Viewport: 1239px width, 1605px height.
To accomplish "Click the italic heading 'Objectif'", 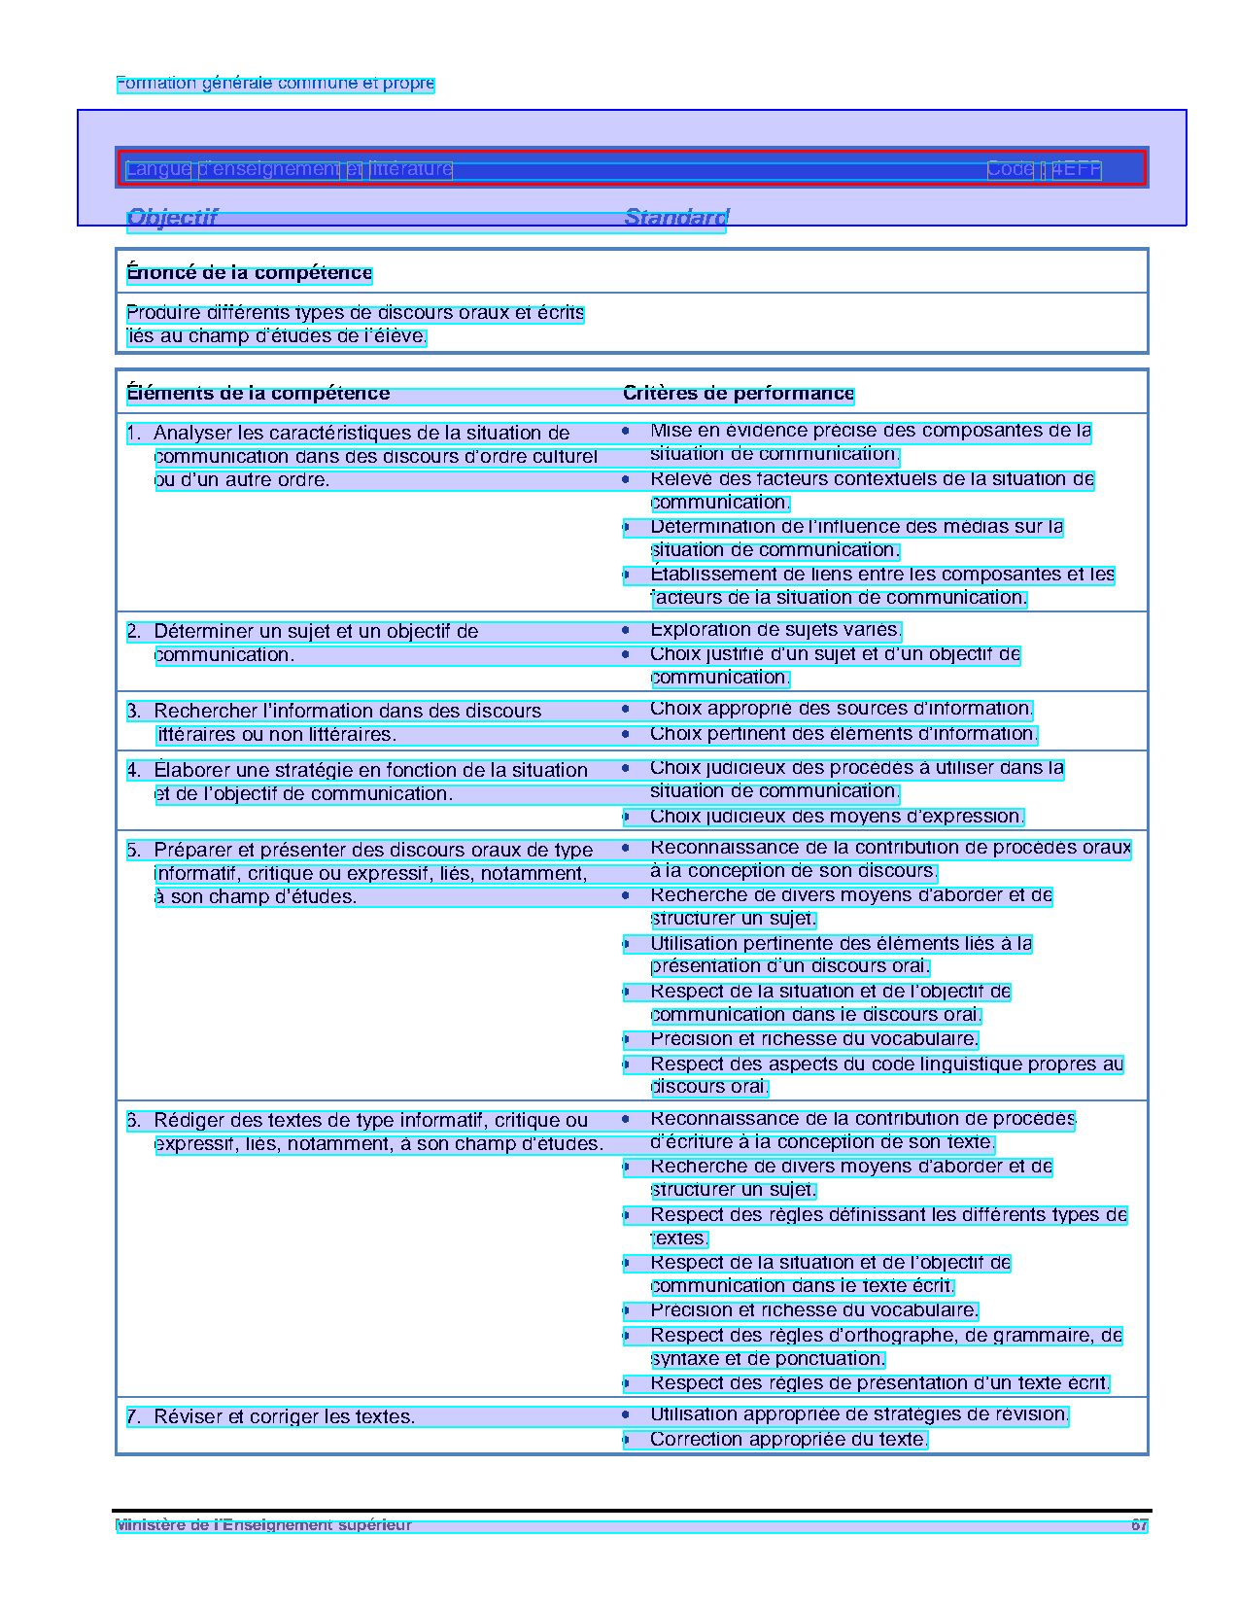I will click(x=172, y=217).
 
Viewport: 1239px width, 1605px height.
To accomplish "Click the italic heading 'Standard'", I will click(x=675, y=217).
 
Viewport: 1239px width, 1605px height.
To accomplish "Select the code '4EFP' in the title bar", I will click(x=1076, y=169).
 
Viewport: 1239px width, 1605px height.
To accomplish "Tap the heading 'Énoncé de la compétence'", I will click(x=249, y=273).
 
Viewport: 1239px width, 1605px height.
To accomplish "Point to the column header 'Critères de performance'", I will click(x=738, y=394).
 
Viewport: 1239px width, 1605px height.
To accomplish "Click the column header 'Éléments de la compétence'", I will click(x=258, y=394).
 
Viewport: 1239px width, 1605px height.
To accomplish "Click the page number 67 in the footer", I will click(x=1139, y=1525).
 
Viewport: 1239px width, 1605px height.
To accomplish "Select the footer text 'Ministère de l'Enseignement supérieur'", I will click(x=263, y=1525).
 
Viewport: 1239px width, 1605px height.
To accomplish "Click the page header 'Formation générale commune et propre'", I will click(x=275, y=84).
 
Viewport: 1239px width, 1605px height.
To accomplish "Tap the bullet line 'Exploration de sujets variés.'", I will click(x=775, y=631).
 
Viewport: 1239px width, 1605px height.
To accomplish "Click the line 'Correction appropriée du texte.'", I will click(x=788, y=1440).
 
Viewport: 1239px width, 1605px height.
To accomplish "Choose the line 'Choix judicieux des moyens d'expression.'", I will click(x=837, y=817).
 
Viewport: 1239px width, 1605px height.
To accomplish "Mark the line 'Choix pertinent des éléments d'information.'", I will click(x=843, y=734).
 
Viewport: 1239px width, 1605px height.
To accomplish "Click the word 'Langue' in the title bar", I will click(x=158, y=169).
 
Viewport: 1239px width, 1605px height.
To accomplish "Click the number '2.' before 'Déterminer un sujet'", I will click(x=134, y=632).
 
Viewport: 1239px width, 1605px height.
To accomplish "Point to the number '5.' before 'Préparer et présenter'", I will click(x=134, y=851).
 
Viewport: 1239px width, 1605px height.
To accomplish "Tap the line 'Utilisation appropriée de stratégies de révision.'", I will click(x=859, y=1415).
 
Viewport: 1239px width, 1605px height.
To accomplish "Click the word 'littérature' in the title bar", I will click(x=411, y=169).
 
